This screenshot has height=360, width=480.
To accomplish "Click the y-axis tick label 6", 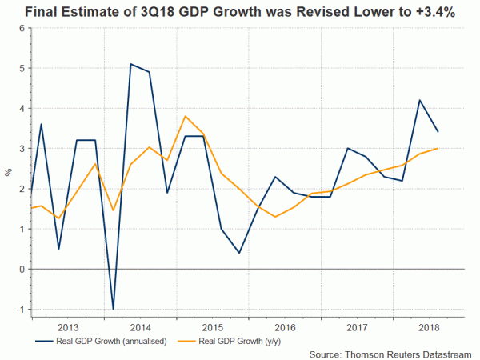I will pyautogui.click(x=22, y=28).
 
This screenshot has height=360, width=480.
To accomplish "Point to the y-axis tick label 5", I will pyautogui.click(x=22, y=68).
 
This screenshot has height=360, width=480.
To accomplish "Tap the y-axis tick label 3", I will pyautogui.click(x=22, y=148).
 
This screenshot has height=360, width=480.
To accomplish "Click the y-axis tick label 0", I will pyautogui.click(x=22, y=269).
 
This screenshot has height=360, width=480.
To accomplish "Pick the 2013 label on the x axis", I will pyautogui.click(x=68, y=328).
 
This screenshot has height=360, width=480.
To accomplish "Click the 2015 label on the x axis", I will pyautogui.click(x=212, y=328).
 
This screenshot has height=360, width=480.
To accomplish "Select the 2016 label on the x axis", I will pyautogui.click(x=284, y=328).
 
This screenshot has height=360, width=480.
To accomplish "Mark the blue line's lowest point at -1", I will pyautogui.click(x=113, y=309).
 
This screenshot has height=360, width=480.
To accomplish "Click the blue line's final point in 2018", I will pyautogui.click(x=438, y=132).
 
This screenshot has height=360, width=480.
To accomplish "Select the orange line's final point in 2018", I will pyautogui.click(x=438, y=148).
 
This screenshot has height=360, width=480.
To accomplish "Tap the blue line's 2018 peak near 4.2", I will pyautogui.click(x=420, y=100).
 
